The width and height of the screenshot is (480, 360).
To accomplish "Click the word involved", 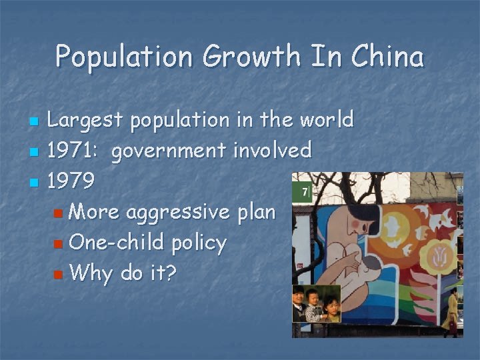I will pyautogui.click(x=272, y=151).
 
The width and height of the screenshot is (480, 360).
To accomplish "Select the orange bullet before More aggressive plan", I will pyautogui.click(x=58, y=213).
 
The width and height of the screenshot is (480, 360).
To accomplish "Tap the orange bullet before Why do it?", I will pyautogui.click(x=58, y=273).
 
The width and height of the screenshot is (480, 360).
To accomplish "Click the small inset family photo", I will pyautogui.click(x=317, y=303).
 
